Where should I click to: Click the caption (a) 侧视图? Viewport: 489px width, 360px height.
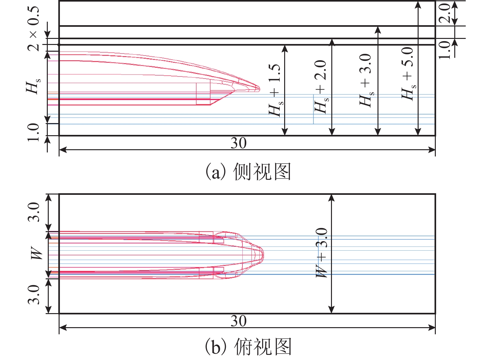coord(248,172)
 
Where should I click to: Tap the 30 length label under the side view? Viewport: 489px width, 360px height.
coord(239,143)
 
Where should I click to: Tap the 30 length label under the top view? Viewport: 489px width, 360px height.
coord(239,321)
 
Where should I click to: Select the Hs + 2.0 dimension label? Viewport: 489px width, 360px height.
coord(321,87)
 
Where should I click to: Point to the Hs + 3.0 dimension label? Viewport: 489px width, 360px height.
coord(367,80)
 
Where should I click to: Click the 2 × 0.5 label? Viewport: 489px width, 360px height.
coord(33,29)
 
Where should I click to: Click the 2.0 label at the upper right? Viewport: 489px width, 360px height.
coord(444,13)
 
